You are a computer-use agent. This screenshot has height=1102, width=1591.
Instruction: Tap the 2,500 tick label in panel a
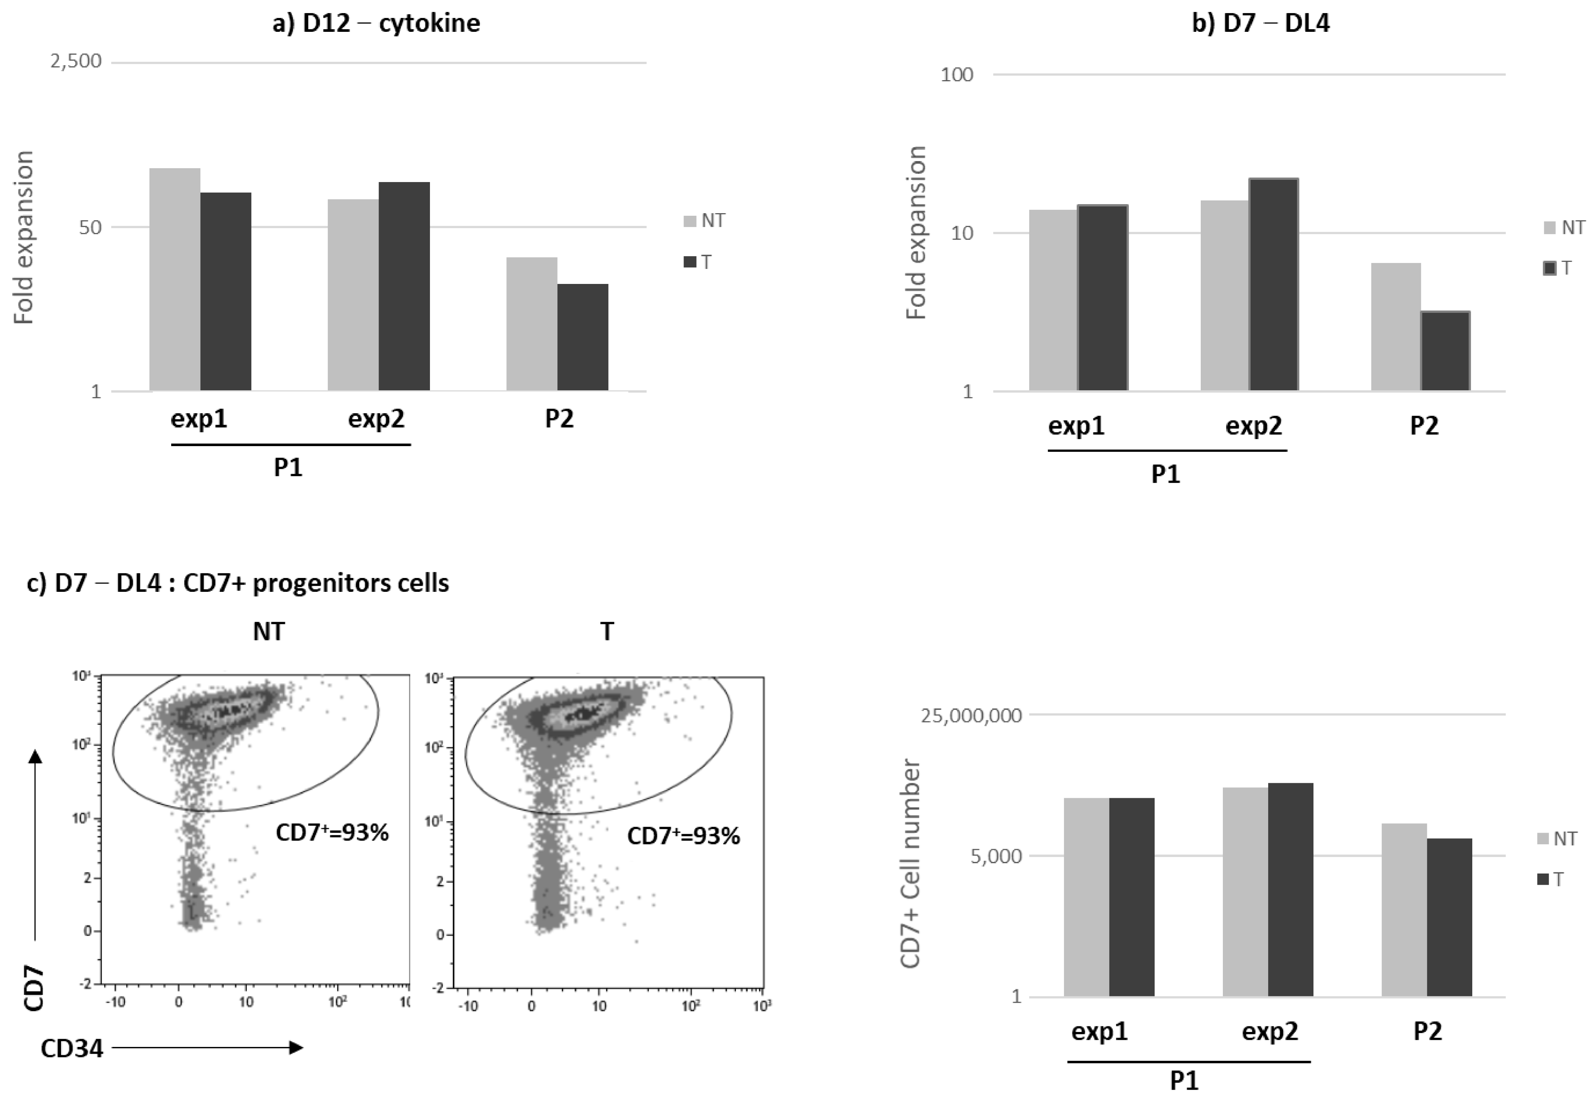[x=76, y=61]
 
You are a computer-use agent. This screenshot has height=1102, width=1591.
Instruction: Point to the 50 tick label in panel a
[x=90, y=227]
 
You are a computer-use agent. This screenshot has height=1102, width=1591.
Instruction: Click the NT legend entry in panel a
[x=704, y=221]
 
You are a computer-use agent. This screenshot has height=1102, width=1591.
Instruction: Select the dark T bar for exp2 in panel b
[x=1273, y=284]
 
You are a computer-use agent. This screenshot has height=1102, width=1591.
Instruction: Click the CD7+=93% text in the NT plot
[x=332, y=833]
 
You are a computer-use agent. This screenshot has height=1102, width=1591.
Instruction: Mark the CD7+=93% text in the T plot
[x=684, y=836]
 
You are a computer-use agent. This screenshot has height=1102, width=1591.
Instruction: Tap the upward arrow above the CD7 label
[x=35, y=846]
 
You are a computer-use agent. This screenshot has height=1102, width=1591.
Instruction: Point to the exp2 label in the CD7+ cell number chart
[x=1269, y=1032]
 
